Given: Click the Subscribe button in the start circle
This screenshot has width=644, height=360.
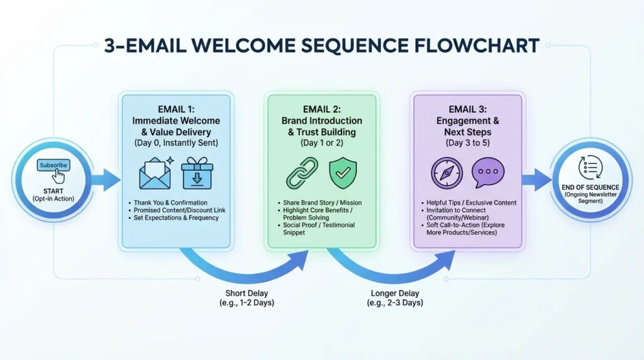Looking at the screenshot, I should point(53,166).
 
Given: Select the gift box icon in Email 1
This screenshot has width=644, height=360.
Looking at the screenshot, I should point(197,173).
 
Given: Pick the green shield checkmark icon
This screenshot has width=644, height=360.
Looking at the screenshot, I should point(343,173).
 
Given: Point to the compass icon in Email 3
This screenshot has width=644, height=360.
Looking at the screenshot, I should point(447,173).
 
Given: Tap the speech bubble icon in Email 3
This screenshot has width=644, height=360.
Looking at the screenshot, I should point(488,173).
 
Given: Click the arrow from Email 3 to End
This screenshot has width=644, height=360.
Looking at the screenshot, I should point(537,179).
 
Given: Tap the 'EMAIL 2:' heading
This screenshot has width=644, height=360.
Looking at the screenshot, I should point(321,108).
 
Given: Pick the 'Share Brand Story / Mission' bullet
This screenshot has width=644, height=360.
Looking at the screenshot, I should point(318,202).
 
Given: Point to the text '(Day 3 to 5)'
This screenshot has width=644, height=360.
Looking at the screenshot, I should point(467,143).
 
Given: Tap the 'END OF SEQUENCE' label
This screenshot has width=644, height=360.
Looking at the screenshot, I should point(592,187).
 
